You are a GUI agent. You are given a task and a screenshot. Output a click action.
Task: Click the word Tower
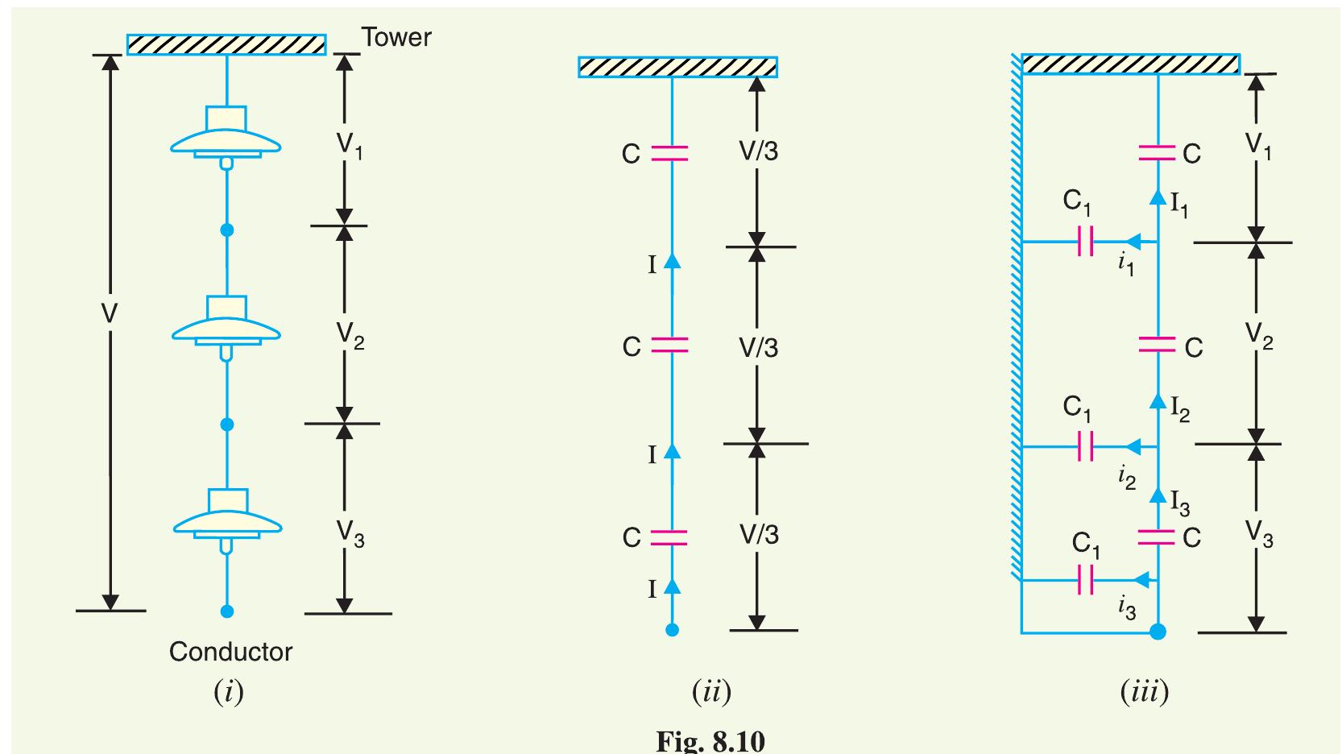tap(396, 37)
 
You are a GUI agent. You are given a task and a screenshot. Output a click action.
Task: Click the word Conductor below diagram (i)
tap(230, 651)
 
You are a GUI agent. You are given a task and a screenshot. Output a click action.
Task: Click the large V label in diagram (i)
tap(110, 314)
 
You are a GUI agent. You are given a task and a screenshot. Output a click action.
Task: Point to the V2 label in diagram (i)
tap(350, 334)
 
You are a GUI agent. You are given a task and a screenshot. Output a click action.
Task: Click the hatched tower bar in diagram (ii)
tap(677, 67)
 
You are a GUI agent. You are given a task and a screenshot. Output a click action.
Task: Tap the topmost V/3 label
tap(759, 151)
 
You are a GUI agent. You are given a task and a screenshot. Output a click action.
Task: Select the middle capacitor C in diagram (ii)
tap(669, 345)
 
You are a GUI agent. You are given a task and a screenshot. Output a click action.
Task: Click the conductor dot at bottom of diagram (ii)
tap(672, 630)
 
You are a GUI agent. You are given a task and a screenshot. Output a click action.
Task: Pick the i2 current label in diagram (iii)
tap(1127, 477)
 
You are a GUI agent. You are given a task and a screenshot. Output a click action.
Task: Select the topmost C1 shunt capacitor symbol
tap(1085, 240)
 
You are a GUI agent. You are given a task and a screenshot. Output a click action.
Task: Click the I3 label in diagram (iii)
tap(1179, 503)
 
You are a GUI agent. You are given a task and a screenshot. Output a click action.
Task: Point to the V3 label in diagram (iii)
tap(1258, 532)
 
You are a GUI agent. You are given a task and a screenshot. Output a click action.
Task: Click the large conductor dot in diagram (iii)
tap(1158, 631)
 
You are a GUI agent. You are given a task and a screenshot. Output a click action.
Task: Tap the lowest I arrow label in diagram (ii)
tap(652, 590)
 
